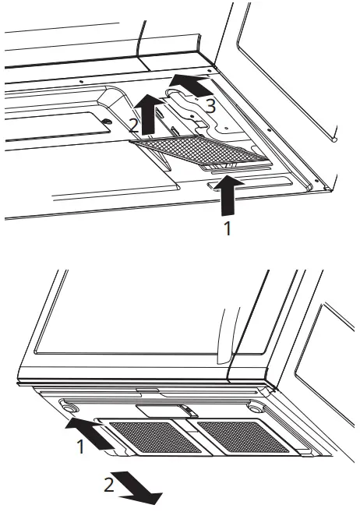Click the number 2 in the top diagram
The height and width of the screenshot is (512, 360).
pos(135,125)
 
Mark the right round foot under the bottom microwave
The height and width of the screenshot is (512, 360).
pos(255,408)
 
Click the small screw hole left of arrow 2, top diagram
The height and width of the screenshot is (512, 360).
pos(107,121)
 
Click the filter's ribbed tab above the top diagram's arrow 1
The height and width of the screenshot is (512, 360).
pos(220,166)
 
